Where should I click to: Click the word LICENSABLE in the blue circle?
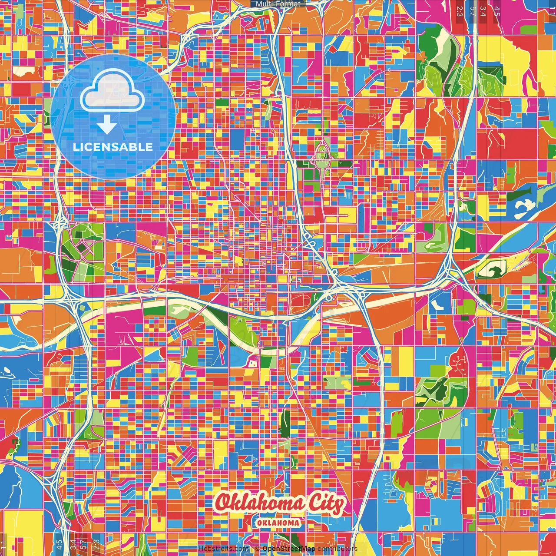click(x=113, y=147)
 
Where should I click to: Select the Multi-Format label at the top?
click(x=278, y=4)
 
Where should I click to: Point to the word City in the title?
click(x=326, y=504)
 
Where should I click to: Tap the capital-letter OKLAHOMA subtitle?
click(x=278, y=523)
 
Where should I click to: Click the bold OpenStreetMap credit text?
click(x=288, y=549)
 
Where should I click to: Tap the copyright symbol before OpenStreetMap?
click(x=257, y=549)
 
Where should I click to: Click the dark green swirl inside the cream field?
click(x=493, y=270)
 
